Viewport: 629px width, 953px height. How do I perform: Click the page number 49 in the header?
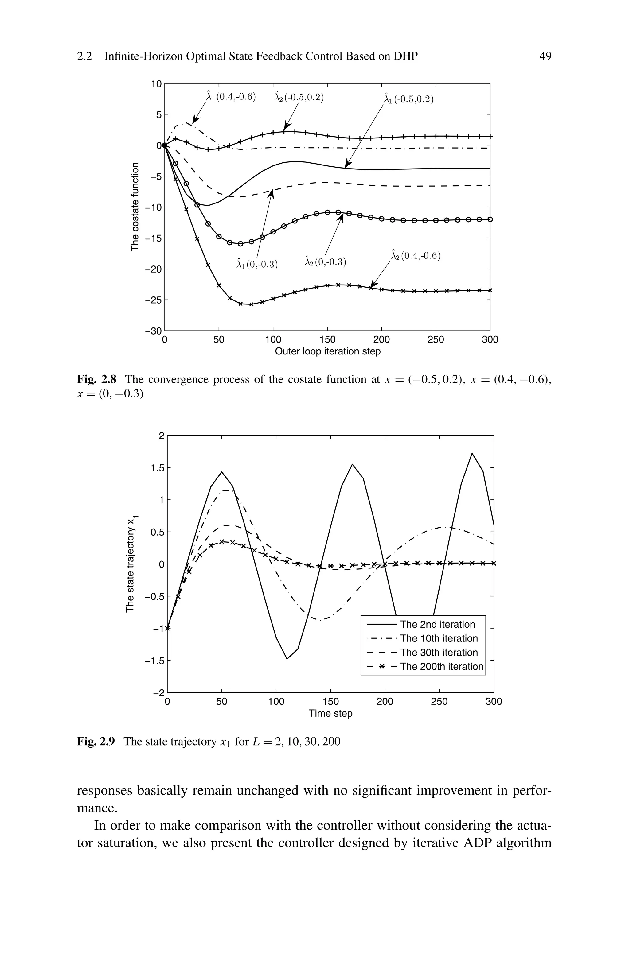[x=545, y=56]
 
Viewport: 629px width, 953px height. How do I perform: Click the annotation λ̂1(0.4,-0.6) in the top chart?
[x=230, y=97]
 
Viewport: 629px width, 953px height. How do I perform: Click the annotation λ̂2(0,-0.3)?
[x=325, y=262]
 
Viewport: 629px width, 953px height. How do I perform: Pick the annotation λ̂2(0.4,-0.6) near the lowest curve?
[x=415, y=256]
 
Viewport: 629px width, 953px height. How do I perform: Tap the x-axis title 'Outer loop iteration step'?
[x=327, y=351]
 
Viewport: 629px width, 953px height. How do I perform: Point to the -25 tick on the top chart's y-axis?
[x=155, y=300]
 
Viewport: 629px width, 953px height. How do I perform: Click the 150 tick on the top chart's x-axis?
[x=327, y=340]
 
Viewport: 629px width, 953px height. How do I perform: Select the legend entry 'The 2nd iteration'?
[x=437, y=624]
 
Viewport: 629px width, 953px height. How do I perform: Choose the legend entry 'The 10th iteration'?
[x=439, y=638]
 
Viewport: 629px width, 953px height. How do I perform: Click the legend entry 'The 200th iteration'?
[x=441, y=666]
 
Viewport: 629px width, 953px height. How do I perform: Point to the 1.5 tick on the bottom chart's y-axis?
[x=156, y=468]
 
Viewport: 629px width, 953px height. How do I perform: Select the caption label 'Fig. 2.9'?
[x=96, y=742]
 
